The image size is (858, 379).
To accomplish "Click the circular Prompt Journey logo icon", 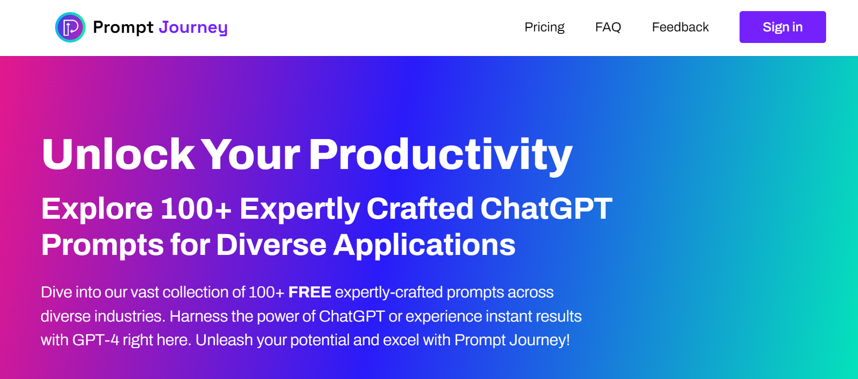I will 70,27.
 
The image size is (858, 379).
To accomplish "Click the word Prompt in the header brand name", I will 123,28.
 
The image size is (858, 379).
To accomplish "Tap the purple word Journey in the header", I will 193,28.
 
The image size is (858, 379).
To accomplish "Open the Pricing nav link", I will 544,27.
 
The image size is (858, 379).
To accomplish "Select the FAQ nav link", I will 608,27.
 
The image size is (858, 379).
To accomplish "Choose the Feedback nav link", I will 680,27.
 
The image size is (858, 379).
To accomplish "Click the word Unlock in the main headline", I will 118,154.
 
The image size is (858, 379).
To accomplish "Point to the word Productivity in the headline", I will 440,154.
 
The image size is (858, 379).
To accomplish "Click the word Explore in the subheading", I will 97,209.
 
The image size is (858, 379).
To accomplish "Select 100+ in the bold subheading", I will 196,209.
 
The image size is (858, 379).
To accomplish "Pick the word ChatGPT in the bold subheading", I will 546,209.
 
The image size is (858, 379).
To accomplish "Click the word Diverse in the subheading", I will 271,245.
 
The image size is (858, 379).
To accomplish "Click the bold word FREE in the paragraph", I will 309,292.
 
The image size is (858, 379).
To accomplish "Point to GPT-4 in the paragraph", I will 95,340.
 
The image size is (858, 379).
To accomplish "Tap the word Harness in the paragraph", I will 198,316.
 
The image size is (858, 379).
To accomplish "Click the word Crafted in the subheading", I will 420,209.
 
